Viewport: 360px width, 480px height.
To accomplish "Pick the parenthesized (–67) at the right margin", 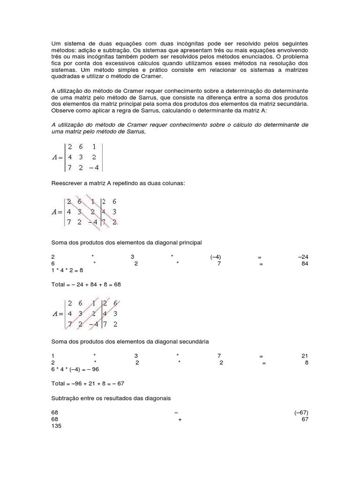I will coord(301,412).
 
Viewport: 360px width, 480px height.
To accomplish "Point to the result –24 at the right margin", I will coord(303,257).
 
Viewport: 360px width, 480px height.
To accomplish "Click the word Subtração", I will coord(65,398).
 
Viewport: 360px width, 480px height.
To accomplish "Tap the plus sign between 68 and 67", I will coord(180,420).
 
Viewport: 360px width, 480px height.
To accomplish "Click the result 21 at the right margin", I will coord(305,356).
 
